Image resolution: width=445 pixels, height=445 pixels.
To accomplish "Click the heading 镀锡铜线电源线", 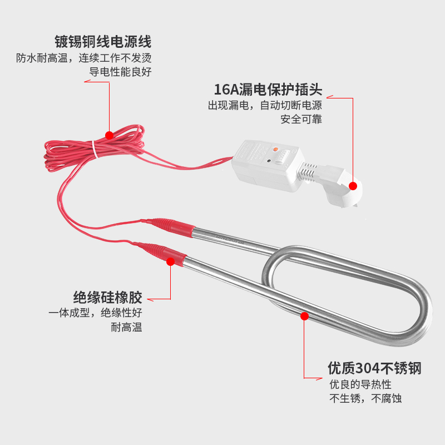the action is coord(102,42).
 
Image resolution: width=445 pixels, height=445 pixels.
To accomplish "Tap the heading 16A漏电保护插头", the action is coord(268,90).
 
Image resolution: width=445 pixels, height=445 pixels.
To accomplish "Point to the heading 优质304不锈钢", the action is coord(374,368).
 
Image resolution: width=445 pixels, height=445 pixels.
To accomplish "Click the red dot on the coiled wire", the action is coord(110,135).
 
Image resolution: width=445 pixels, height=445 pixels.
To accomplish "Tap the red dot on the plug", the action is coord(352,186).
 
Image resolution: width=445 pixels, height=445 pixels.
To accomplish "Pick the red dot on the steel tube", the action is coord(304,316).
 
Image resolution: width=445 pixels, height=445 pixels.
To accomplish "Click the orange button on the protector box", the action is coord(275,149).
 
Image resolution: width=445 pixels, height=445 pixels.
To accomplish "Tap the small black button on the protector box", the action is coord(269,162).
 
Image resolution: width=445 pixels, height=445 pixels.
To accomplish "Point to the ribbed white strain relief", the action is coord(309,171).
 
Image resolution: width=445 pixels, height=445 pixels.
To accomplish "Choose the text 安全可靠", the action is coord(301,119).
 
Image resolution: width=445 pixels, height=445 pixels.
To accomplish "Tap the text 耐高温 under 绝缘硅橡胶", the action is coord(126,327).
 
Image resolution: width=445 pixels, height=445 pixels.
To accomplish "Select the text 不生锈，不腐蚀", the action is coord(365,398).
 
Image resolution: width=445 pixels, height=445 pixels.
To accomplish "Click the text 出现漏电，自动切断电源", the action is coord(265,105).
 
